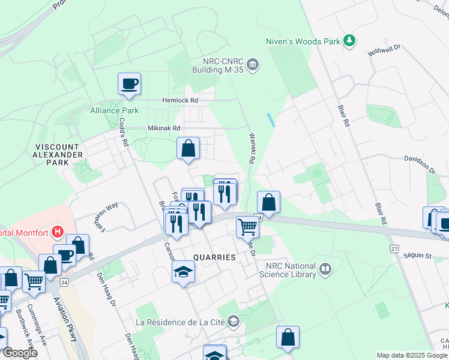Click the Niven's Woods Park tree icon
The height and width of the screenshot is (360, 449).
349,41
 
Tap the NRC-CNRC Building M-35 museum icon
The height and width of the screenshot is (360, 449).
253,64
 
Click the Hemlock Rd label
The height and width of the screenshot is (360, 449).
179,100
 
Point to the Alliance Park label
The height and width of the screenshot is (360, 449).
114,110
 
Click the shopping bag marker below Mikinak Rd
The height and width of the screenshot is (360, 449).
188,148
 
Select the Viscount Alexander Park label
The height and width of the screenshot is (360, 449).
58,154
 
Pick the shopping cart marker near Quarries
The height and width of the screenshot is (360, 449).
247,226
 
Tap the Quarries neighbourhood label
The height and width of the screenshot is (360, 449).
214,257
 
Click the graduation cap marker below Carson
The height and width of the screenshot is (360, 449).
184,272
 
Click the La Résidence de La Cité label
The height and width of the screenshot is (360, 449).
180,322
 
